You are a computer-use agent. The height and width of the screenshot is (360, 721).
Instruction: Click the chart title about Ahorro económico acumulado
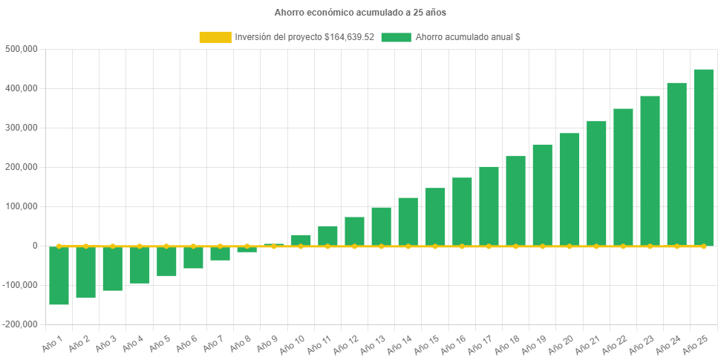[x=360, y=13]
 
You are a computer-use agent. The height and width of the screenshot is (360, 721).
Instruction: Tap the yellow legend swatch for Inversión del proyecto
[x=215, y=37]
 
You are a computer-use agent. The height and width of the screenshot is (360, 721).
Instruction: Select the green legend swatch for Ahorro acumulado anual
[x=396, y=37]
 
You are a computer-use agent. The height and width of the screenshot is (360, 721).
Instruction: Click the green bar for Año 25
[x=703, y=156]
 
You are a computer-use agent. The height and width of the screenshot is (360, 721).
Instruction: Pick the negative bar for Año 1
[x=59, y=275]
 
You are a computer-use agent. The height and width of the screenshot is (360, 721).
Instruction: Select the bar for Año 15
[x=435, y=216]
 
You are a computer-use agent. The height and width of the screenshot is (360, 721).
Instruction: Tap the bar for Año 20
[x=570, y=189]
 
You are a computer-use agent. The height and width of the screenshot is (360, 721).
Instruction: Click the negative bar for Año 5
[x=166, y=261]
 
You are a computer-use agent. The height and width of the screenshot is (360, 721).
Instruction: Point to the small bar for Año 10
[x=301, y=240]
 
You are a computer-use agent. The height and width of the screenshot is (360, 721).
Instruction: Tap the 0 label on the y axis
[x=35, y=246]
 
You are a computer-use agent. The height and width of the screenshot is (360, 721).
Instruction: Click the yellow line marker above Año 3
[x=113, y=246]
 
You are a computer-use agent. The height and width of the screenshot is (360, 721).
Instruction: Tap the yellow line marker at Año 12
[x=354, y=246]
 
